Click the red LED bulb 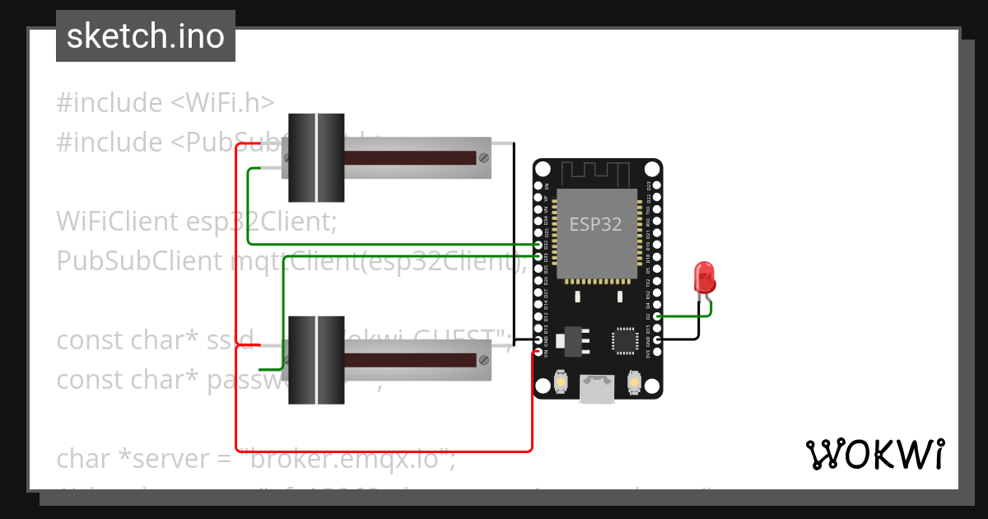tap(704, 277)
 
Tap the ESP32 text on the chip tap(596, 224)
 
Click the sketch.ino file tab tap(146, 36)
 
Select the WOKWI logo tap(874, 454)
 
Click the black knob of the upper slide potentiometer tap(316, 157)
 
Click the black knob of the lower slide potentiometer tap(316, 360)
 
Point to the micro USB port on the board tap(597, 389)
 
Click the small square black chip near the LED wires tap(625, 340)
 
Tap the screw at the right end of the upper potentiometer tap(483, 157)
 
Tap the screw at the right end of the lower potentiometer tap(483, 359)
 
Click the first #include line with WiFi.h tap(165, 103)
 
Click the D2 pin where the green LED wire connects tap(656, 316)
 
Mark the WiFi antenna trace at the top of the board tap(597, 174)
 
